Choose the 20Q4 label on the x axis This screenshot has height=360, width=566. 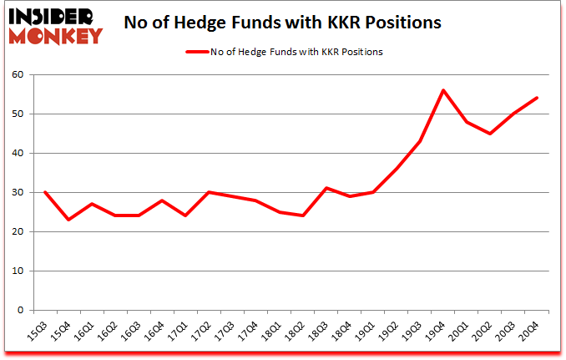click(529, 330)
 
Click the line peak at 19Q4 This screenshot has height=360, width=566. click(443, 90)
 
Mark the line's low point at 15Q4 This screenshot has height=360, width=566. click(68, 220)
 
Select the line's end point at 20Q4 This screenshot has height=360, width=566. click(537, 98)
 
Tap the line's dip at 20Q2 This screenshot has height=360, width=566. click(490, 134)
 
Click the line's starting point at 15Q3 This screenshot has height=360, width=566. click(45, 192)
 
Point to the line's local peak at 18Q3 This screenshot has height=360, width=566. click(326, 188)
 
